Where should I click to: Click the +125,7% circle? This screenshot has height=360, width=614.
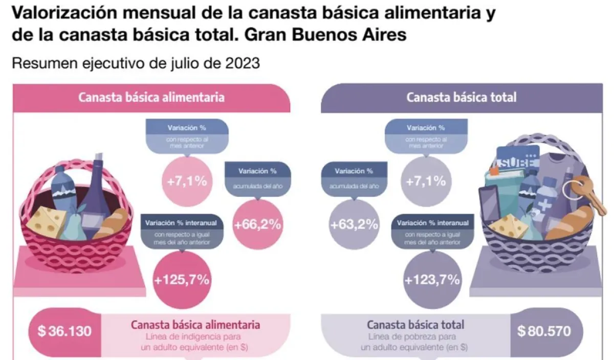pyautogui.click(x=182, y=279)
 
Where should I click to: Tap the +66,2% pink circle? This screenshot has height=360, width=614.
pyautogui.click(x=258, y=224)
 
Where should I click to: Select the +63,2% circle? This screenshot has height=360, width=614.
pyautogui.click(x=354, y=224)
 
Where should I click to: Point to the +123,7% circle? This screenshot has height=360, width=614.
pyautogui.click(x=432, y=279)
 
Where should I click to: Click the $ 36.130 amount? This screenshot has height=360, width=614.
pyautogui.click(x=64, y=331)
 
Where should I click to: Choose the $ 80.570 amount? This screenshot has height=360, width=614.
pyautogui.click(x=543, y=331)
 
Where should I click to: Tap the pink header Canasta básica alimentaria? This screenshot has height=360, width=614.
pyautogui.click(x=151, y=97)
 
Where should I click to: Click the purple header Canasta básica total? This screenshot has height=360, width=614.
pyautogui.click(x=462, y=97)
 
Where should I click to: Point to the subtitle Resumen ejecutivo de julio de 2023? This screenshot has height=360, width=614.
pyautogui.click(x=137, y=64)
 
